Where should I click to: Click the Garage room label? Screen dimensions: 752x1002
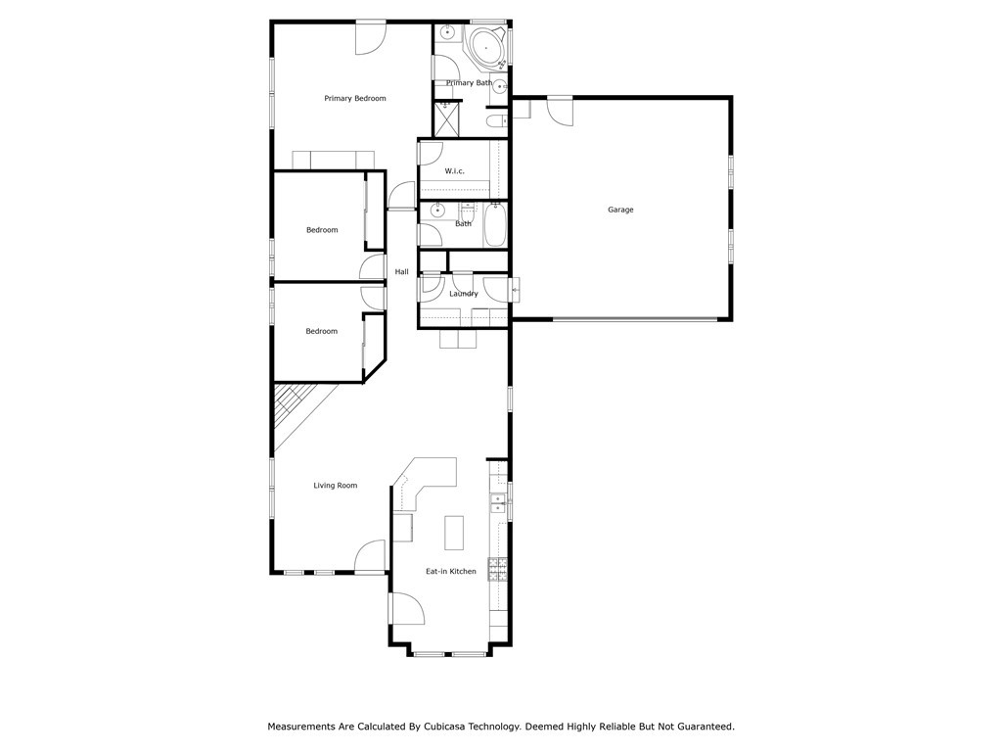620,210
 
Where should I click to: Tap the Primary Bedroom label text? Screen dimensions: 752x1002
355,99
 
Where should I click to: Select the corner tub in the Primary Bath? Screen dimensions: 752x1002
485,46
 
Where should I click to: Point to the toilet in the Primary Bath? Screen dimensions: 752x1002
496,121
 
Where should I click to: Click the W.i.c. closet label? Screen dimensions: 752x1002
454,171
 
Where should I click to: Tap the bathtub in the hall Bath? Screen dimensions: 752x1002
495,224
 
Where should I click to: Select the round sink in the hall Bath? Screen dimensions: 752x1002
437,210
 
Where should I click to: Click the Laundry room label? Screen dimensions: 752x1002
464,294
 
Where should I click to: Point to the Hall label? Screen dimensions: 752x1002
401,272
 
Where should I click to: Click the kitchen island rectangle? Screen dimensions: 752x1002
454,533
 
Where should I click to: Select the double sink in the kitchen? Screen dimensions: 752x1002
498,503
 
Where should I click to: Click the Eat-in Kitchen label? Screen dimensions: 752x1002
450,572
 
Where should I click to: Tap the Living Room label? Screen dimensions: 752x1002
335,486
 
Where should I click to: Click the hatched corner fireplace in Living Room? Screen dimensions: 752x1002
291,406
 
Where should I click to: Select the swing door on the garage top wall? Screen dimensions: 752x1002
562,111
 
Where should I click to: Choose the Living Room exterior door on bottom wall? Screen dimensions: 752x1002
371,558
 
